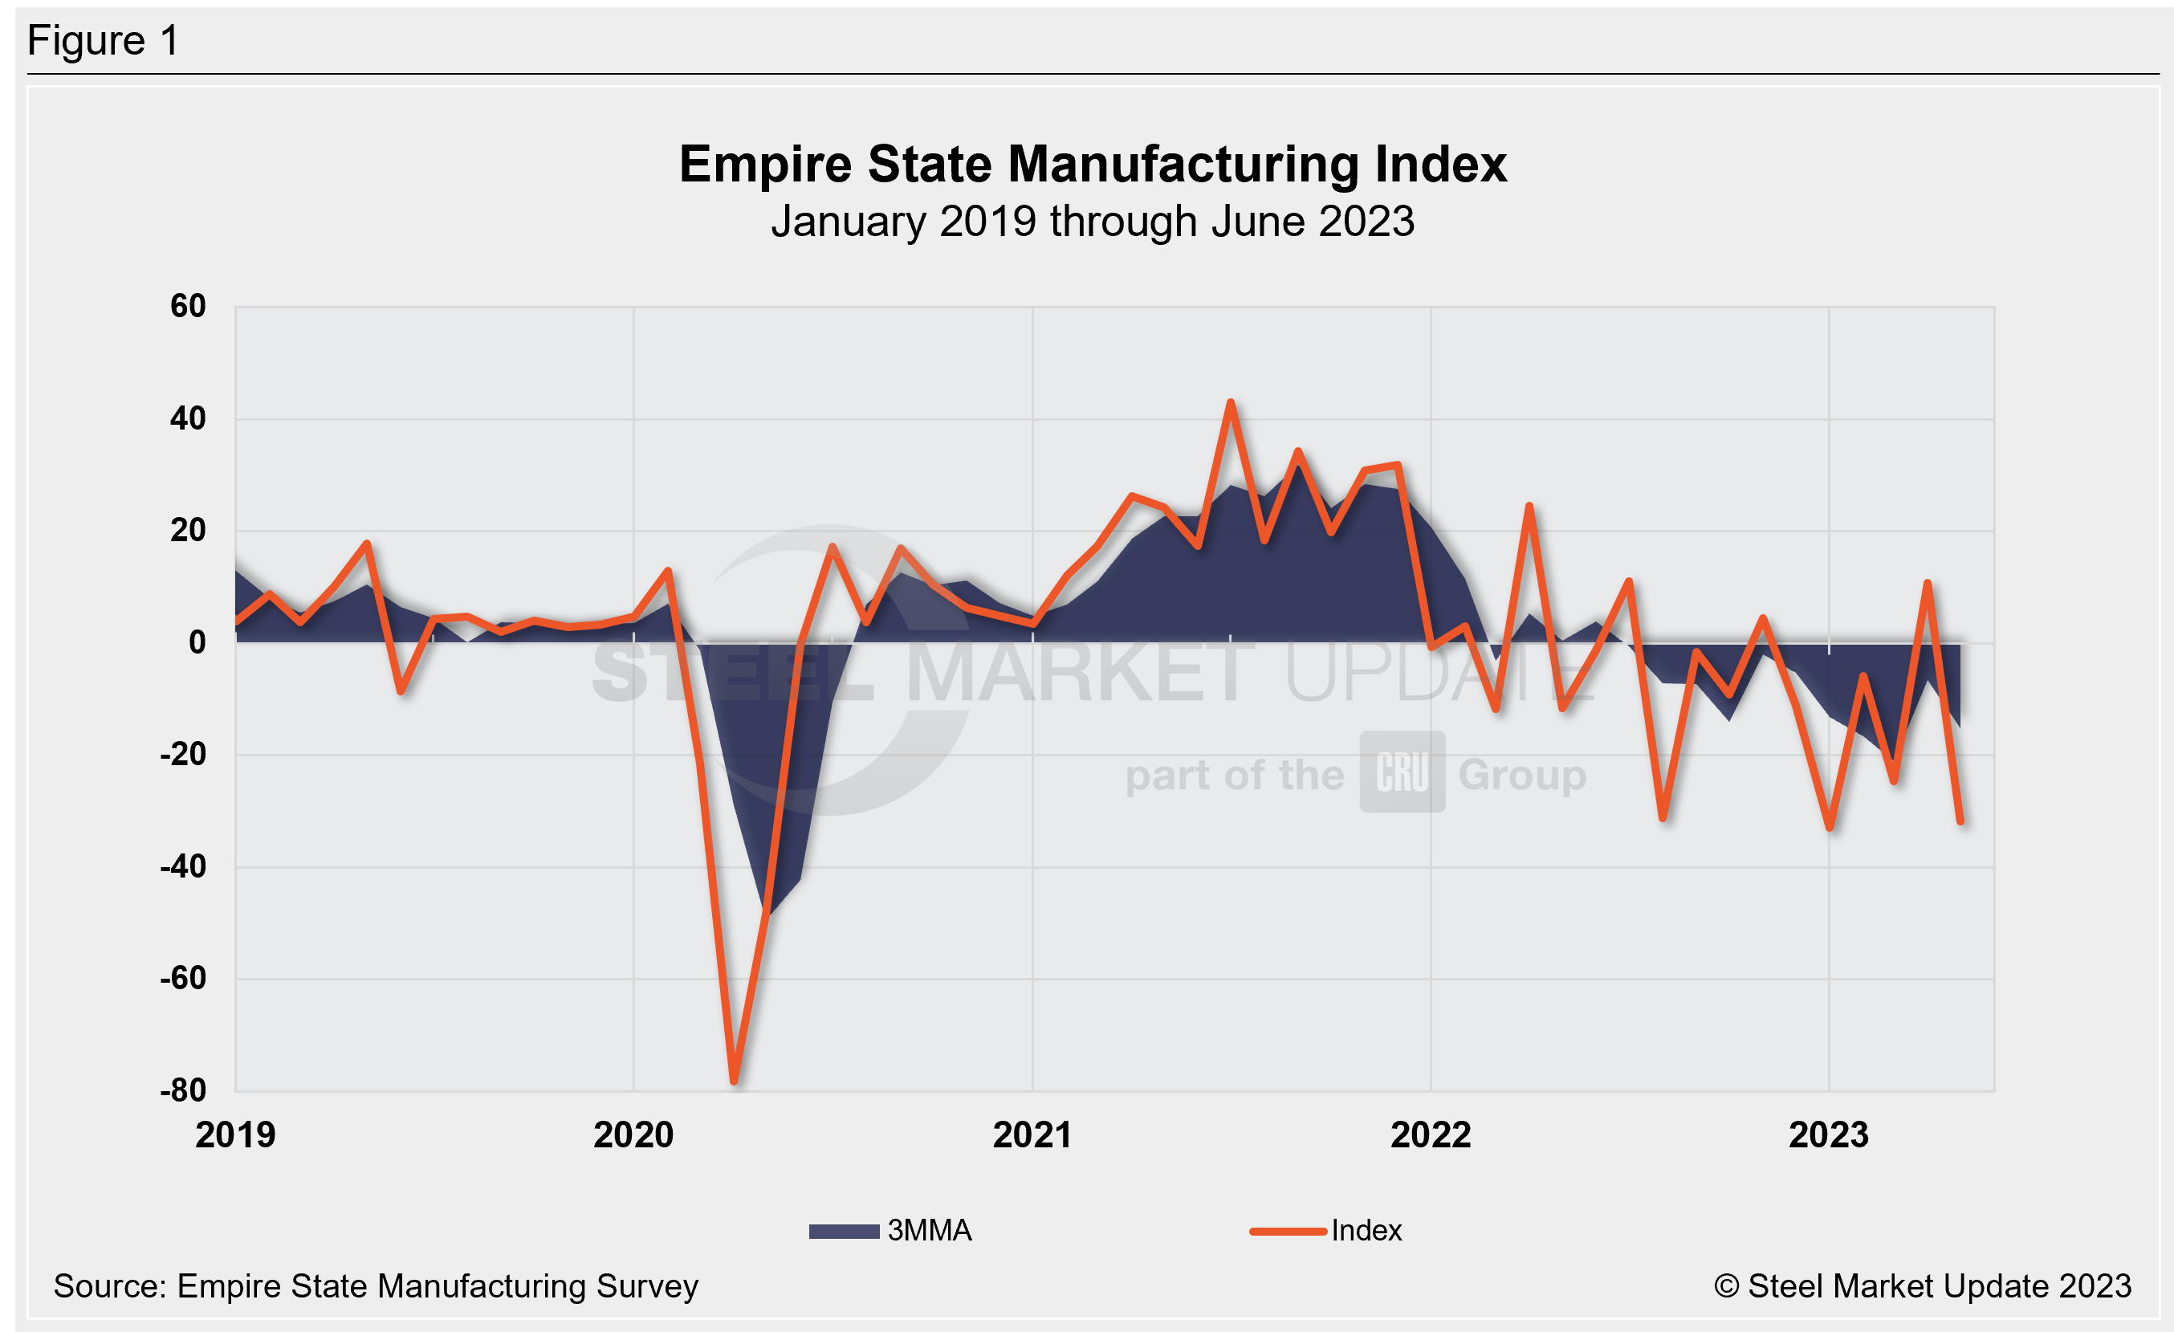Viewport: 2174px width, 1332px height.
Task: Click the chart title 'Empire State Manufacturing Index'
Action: (x=1093, y=164)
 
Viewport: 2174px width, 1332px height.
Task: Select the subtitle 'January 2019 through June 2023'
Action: (x=1093, y=222)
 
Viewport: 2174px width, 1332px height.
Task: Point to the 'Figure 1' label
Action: (x=104, y=41)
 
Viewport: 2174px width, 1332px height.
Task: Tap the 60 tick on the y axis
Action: (x=188, y=306)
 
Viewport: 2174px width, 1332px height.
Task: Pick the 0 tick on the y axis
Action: (x=197, y=642)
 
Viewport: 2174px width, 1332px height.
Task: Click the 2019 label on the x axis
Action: (x=235, y=1135)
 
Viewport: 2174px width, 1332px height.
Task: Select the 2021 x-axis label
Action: (x=1032, y=1135)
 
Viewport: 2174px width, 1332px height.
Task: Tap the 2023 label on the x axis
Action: (x=1828, y=1135)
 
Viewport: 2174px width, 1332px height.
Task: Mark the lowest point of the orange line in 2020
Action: (x=734, y=1080)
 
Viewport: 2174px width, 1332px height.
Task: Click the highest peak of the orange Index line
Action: (x=1231, y=402)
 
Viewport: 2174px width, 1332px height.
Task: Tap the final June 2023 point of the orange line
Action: (x=1960, y=822)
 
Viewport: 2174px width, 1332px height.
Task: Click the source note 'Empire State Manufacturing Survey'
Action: (x=437, y=1286)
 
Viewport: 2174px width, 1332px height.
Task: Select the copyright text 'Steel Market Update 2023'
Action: (x=1940, y=1286)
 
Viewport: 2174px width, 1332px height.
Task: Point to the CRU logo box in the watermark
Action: (x=1402, y=772)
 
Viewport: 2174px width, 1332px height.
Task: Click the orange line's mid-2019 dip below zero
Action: (x=401, y=691)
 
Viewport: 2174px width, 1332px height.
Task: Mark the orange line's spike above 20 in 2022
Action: (x=1529, y=506)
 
